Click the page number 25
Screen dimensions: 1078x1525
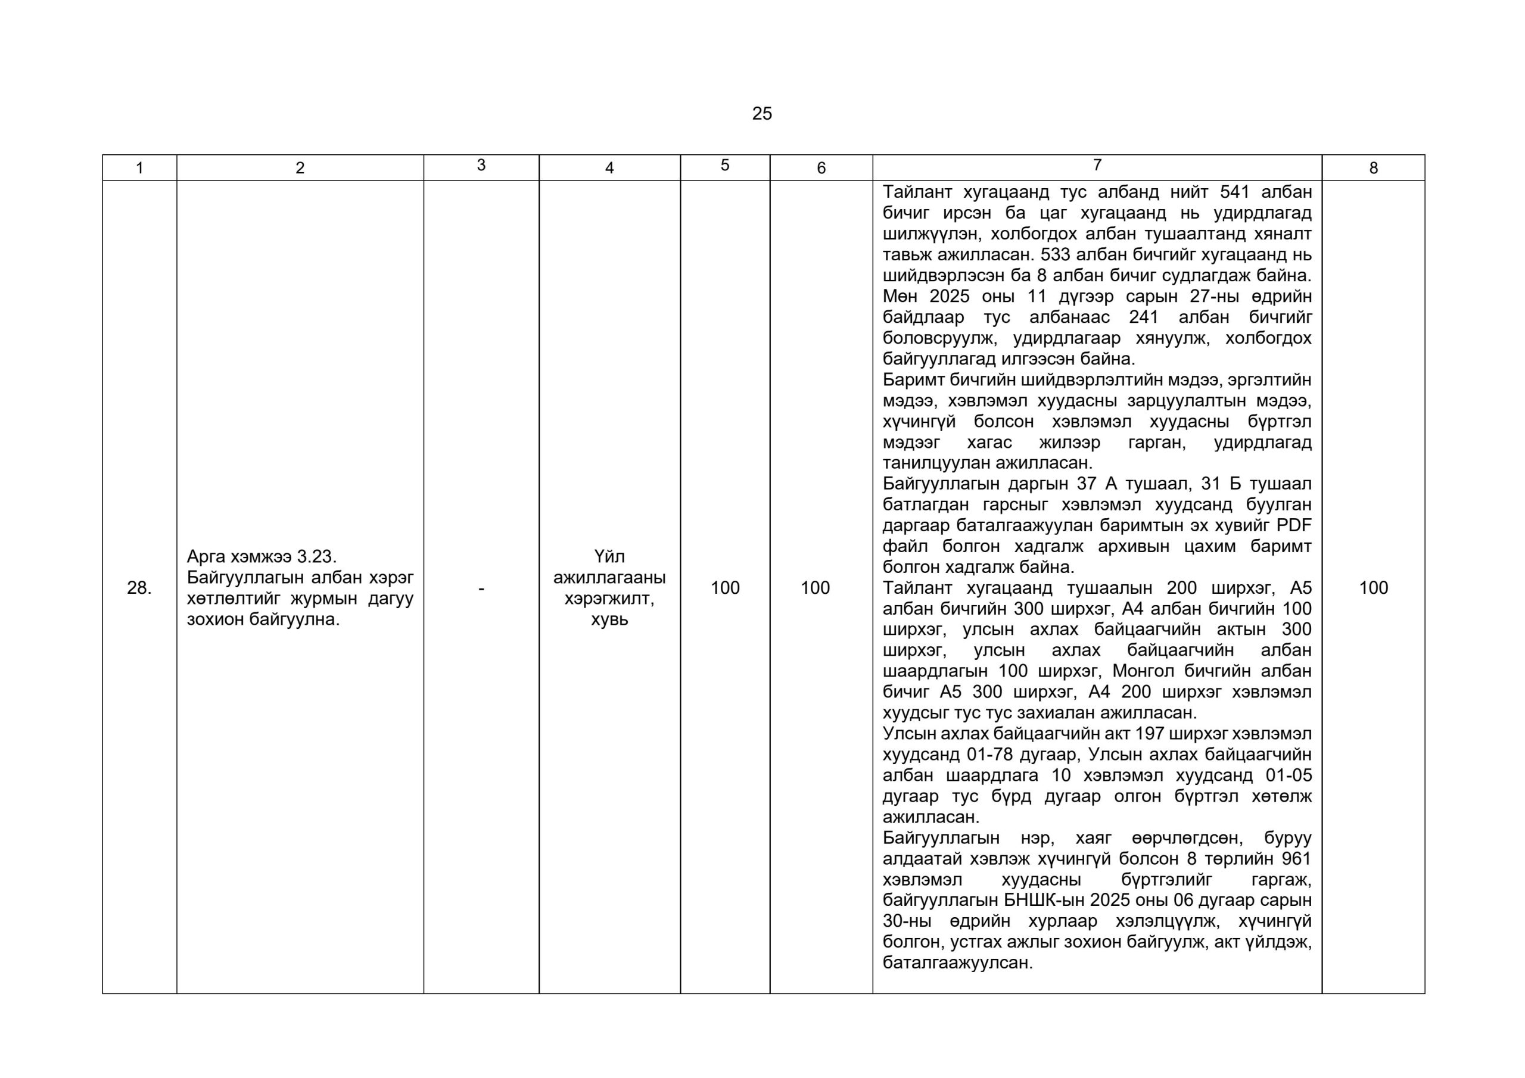762,114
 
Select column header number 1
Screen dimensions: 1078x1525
139,168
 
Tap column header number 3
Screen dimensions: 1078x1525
481,166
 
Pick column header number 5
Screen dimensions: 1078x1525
724,166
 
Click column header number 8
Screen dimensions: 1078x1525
1373,168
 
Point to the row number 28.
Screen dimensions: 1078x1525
139,588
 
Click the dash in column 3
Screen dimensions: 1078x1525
481,588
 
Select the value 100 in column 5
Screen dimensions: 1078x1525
724,588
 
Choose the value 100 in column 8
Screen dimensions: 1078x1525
1373,588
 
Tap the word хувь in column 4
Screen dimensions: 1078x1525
609,619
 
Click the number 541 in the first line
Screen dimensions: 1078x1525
1235,192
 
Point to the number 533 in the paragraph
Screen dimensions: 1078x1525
1056,255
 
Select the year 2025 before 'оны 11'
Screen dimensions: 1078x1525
949,296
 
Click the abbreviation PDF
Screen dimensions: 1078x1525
1293,525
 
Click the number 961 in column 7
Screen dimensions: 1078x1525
1296,859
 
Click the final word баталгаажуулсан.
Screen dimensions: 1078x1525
957,963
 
